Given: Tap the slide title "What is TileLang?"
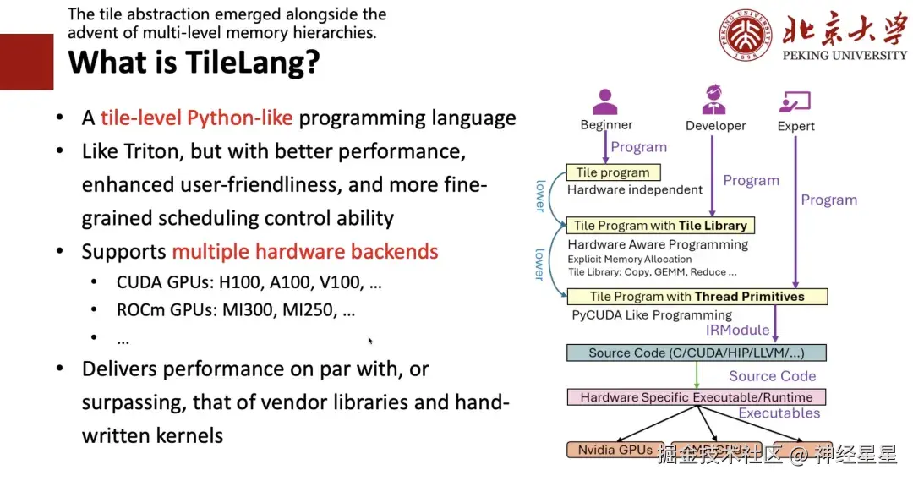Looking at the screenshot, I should (194, 62).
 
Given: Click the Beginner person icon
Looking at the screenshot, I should (606, 101).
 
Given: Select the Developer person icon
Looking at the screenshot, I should (714, 101).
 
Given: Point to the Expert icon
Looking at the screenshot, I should (795, 102).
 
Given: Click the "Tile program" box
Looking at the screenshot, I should (613, 172).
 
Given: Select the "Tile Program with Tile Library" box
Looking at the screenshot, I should (660, 226).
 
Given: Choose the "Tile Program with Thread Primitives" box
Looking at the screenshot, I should (697, 297).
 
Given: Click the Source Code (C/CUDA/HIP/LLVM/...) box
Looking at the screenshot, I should (696, 353).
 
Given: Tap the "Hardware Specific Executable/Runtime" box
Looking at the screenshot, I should (696, 397).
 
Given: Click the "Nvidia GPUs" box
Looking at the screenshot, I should (615, 451).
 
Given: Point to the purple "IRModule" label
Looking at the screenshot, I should (738, 330).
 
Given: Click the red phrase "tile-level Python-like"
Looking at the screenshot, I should (196, 118).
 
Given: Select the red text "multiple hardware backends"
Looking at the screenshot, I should (304, 251).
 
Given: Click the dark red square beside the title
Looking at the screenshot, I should (26, 62).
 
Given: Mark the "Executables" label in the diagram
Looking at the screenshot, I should (779, 413).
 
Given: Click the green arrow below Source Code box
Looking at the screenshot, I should (697, 374).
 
